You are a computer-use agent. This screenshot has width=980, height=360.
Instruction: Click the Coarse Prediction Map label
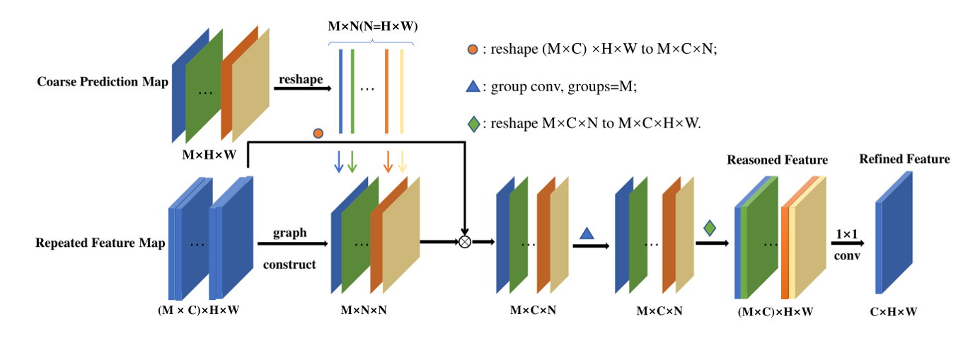point(103,82)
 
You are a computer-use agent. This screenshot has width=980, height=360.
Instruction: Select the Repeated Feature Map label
point(100,243)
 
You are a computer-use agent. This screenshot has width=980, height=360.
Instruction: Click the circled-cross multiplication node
point(465,242)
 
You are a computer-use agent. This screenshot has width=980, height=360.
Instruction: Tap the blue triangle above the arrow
point(587,232)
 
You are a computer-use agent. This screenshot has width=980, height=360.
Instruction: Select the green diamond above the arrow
point(710,228)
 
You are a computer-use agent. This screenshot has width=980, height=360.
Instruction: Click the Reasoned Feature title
point(777,161)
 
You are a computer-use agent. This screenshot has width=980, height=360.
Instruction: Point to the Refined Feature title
point(904,159)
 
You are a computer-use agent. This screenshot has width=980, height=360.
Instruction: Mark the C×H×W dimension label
point(893,310)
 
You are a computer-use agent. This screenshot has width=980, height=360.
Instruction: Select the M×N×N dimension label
point(364,310)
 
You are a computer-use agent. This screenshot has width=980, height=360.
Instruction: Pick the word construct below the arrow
point(290,265)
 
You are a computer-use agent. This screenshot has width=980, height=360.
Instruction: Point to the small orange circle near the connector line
point(318,133)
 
